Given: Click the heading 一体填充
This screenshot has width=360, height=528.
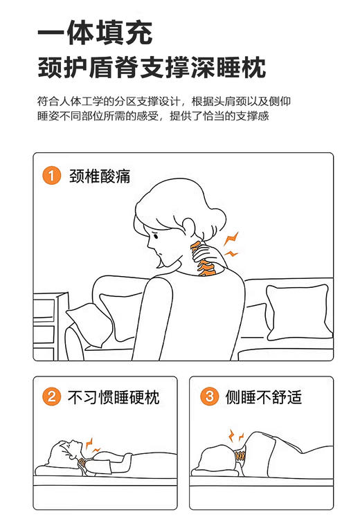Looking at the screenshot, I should pos(95,33).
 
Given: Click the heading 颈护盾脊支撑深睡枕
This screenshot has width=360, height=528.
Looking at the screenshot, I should pos(152,69).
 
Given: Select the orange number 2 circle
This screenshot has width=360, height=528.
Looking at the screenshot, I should pos(51,397).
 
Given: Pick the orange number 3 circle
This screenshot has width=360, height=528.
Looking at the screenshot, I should pos(208,397).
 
